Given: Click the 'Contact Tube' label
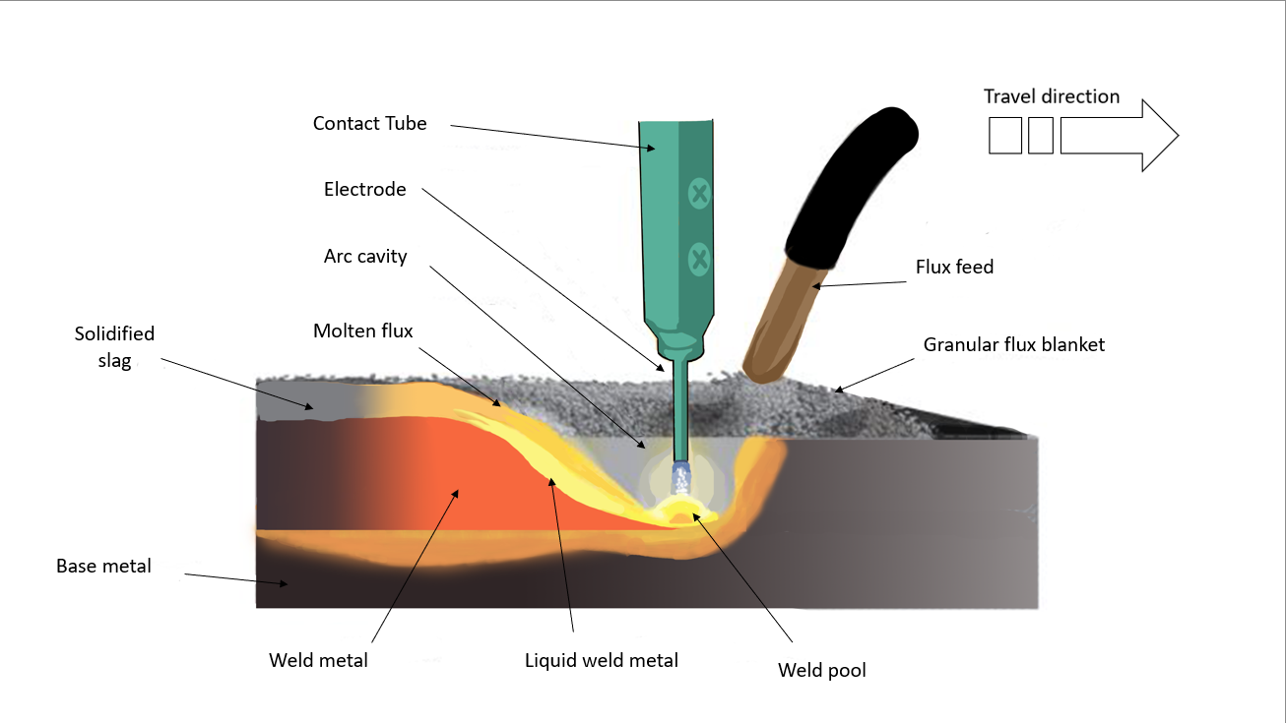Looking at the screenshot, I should tap(369, 124).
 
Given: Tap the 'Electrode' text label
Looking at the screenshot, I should tap(364, 190).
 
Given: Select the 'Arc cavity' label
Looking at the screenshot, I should tap(365, 257).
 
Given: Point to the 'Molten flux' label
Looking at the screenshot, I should tap(363, 331).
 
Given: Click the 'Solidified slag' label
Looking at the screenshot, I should tap(114, 347).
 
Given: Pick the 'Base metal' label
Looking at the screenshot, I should tap(103, 567).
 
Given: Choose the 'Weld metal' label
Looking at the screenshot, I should tap(318, 661).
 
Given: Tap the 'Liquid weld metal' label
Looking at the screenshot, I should tap(601, 661).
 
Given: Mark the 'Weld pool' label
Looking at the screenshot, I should tap(821, 671).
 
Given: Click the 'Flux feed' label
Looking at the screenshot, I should tap(954, 267).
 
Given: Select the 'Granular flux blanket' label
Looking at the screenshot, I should tap(1013, 345).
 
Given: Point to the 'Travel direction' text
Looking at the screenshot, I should tap(1051, 96).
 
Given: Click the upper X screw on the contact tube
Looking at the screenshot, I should tap(699, 194).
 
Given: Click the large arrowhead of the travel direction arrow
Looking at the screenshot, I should tap(1158, 135).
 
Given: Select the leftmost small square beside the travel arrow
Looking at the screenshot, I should tap(1005, 135).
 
